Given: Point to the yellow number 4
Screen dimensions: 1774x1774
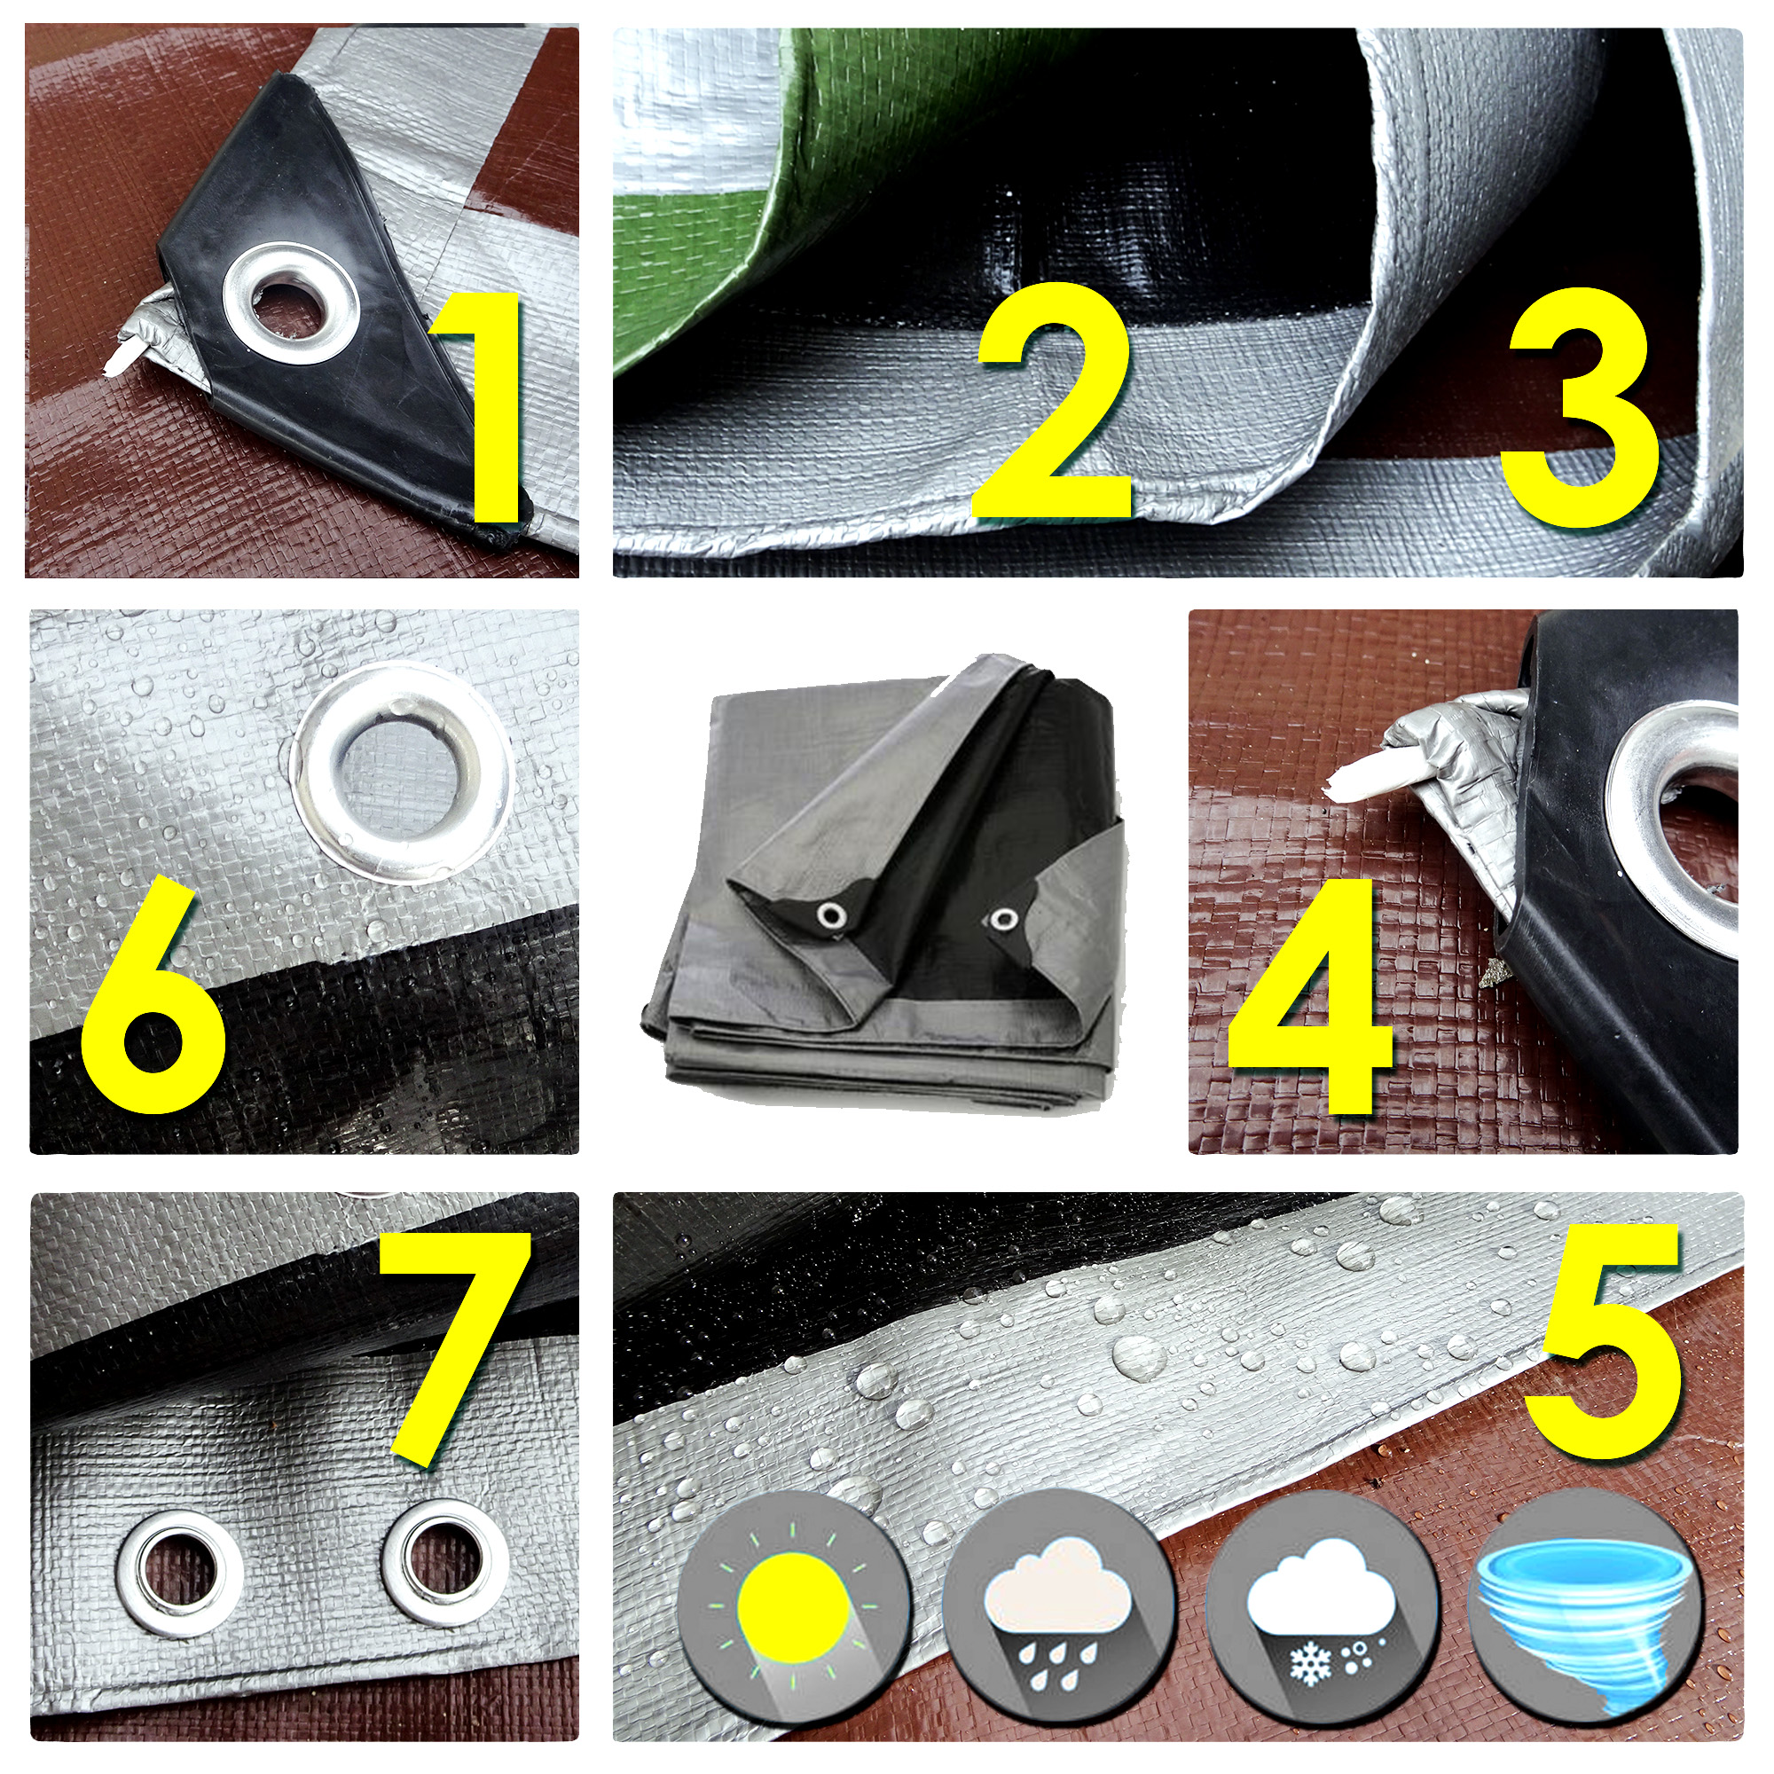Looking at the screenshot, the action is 1310,996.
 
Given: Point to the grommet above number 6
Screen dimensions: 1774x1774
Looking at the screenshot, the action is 403,774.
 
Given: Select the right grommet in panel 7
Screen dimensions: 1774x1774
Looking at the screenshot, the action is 444,1565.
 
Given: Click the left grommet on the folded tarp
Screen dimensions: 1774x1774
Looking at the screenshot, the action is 833,914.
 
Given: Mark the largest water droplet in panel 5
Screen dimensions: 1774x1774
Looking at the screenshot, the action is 1139,1356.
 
